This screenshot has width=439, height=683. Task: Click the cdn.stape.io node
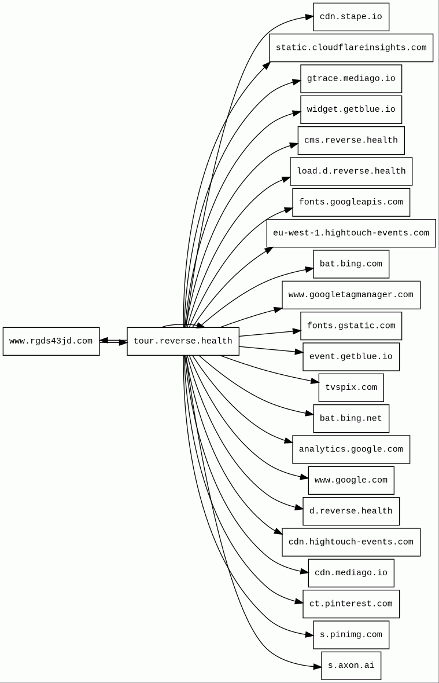(351, 17)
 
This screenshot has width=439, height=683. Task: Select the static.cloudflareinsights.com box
(351, 48)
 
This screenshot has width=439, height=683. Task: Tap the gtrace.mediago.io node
(351, 79)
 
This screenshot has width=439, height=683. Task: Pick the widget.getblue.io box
(351, 109)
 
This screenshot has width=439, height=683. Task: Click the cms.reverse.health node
(351, 140)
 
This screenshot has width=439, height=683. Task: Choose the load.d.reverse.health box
(351, 171)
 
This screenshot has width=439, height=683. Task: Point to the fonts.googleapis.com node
(351, 202)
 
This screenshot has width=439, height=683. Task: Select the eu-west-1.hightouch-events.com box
(351, 233)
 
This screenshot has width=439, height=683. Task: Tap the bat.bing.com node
(351, 264)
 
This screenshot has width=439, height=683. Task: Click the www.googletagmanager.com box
(351, 295)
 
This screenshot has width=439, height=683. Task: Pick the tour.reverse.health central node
(183, 341)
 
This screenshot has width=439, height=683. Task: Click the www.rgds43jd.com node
(51, 341)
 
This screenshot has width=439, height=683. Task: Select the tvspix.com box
(351, 388)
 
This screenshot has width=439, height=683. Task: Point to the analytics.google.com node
(351, 450)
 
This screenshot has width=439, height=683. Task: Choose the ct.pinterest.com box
(351, 604)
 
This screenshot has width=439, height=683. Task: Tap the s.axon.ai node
(351, 666)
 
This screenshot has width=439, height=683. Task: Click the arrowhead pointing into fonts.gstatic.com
(297, 331)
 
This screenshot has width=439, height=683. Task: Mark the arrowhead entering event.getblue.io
(299, 352)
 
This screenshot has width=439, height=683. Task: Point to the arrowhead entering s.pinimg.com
(309, 635)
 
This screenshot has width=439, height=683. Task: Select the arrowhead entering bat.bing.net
(309, 414)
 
